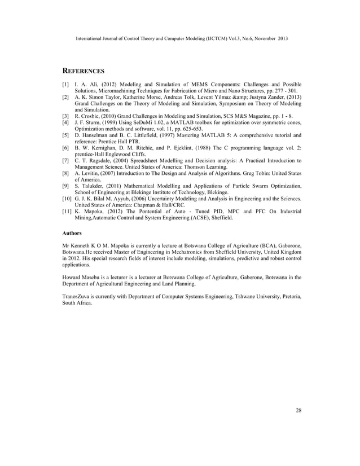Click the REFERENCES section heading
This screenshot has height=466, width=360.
pyautogui.click(x=83, y=71)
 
